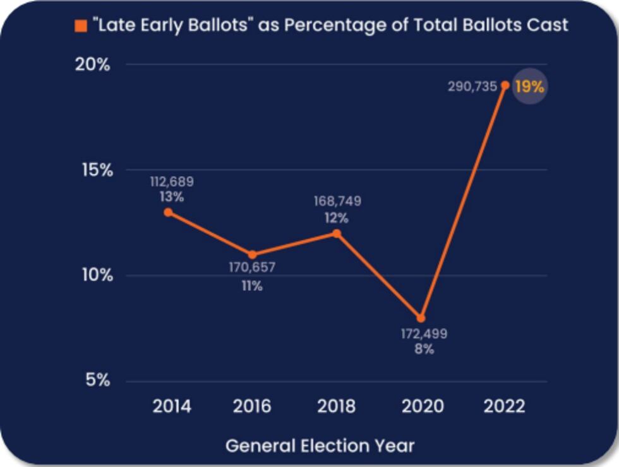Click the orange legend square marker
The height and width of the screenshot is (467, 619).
pyautogui.click(x=80, y=26)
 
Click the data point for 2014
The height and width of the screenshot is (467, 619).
pyautogui.click(x=168, y=212)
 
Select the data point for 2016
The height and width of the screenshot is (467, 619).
pyautogui.click(x=252, y=255)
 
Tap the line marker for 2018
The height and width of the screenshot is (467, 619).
pyautogui.click(x=337, y=233)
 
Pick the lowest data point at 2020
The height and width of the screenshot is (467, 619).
pyautogui.click(x=421, y=318)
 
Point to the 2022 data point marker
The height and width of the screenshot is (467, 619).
pyautogui.click(x=505, y=85)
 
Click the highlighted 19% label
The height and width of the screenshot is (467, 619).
pyautogui.click(x=529, y=87)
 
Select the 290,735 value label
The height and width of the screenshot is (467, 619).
pyautogui.click(x=472, y=87)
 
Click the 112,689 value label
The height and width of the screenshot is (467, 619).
pyautogui.click(x=172, y=182)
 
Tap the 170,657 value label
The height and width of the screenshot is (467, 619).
pyautogui.click(x=252, y=267)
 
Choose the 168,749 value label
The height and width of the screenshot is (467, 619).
pyautogui.click(x=337, y=202)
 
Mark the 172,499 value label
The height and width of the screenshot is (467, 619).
pyautogui.click(x=424, y=333)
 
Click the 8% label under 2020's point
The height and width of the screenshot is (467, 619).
pyautogui.click(x=424, y=348)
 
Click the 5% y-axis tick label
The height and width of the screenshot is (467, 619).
pyautogui.click(x=97, y=380)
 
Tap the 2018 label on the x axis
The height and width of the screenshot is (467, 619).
pyautogui.click(x=336, y=406)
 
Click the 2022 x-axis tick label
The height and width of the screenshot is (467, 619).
pyautogui.click(x=505, y=406)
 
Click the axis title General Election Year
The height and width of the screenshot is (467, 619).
pyautogui.click(x=320, y=446)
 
